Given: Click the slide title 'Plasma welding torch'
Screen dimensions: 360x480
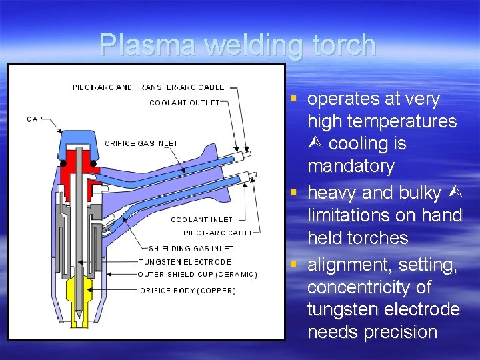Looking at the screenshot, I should (x=237, y=45).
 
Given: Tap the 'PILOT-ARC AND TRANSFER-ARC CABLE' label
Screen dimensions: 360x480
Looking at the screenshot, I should (x=148, y=87).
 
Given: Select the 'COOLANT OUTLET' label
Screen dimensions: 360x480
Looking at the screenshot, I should (x=184, y=103).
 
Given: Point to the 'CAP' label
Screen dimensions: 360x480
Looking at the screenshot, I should (x=35, y=119).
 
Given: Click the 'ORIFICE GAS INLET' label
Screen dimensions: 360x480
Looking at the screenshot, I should (x=141, y=143).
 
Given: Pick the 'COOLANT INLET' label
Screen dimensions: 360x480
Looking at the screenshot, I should (x=201, y=219).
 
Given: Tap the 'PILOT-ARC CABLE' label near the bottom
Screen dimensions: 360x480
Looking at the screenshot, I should (x=219, y=233).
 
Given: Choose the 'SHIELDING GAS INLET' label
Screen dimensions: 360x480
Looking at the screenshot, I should (x=191, y=249).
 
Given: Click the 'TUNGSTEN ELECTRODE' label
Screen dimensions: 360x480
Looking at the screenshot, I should (x=185, y=262).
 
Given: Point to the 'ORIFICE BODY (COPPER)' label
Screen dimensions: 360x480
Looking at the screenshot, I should (x=188, y=291).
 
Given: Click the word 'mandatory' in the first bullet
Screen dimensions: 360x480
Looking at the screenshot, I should (x=351, y=166).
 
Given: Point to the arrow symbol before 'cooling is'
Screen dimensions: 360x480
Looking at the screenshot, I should (x=316, y=144).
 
